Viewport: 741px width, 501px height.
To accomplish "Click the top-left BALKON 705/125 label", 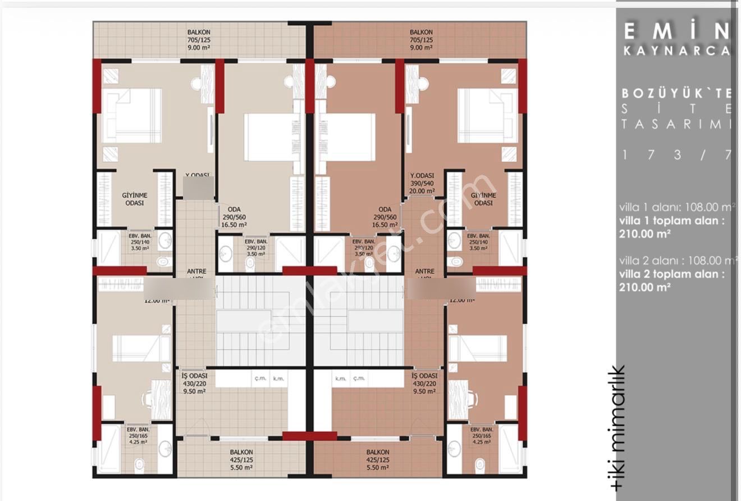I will pos(199,40).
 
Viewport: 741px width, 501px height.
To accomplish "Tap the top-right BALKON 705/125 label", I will pos(421,40).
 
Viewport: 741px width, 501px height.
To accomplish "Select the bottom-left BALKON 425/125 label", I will pos(241,459).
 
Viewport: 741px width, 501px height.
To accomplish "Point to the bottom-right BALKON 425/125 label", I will pos(378,459).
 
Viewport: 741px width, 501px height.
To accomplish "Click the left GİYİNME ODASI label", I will pos(135,199).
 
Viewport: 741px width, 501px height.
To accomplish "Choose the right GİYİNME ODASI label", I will pos(483,199).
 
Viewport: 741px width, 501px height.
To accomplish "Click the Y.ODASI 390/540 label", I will pos(423,183).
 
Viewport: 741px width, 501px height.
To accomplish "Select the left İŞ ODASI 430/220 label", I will pos(194,383).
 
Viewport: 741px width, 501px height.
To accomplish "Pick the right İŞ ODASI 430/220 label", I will pos(424,383).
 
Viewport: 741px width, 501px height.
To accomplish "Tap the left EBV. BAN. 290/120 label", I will pos(256,247).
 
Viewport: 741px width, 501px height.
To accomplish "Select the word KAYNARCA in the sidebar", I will pos(676,51).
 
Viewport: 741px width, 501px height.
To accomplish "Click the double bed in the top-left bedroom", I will pos(132,116).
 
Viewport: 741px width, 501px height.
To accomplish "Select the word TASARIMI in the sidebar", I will pos(676,124).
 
